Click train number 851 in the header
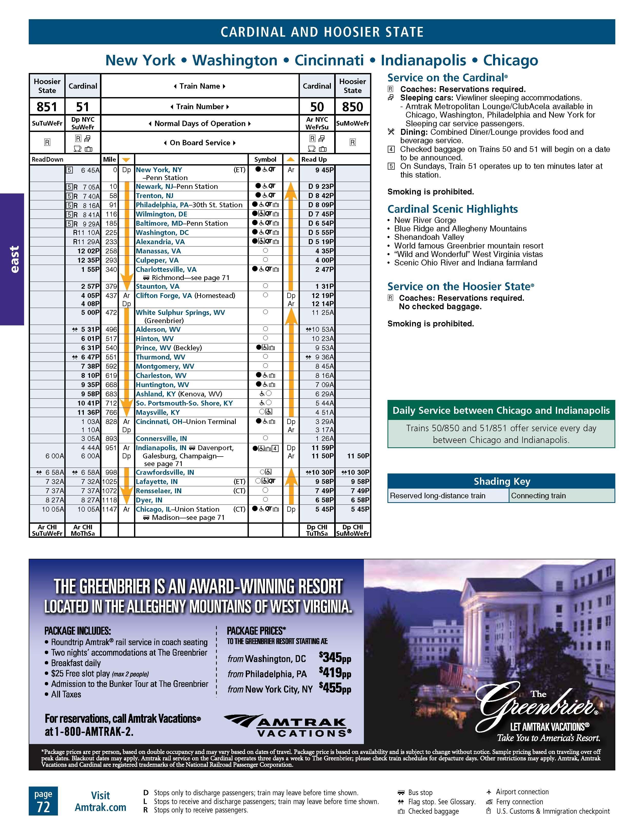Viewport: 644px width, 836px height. tap(47, 107)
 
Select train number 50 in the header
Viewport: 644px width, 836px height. tap(317, 107)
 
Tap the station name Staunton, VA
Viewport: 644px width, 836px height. tap(157, 286)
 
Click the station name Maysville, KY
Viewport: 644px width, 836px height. tap(158, 412)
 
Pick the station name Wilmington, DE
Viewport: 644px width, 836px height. tap(161, 214)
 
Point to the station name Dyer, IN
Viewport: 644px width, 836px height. tap(149, 500)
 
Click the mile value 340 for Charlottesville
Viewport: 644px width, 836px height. tap(111, 270)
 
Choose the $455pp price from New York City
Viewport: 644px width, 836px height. tap(335, 688)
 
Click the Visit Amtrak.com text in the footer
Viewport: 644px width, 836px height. tap(100, 801)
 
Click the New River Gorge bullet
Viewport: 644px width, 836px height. tap(425, 220)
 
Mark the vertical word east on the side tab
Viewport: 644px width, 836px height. tap(14, 259)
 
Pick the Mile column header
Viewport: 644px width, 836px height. tap(109, 159)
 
